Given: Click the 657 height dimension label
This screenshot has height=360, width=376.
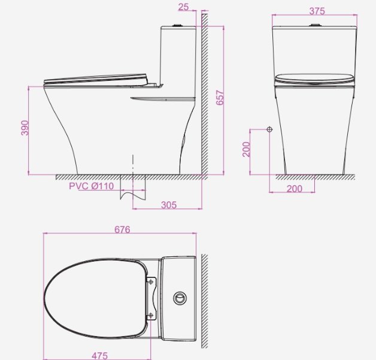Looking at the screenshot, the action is pos(220,98).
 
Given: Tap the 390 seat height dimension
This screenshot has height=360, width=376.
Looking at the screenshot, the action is pos(25,128).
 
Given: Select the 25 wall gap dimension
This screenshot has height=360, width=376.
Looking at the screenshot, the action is pos(183,7).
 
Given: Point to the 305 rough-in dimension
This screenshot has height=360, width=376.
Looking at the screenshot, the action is pos(169,205).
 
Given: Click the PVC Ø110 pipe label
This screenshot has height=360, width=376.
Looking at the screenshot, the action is pos(92,186).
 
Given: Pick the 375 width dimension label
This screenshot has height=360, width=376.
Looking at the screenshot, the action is pos(317,11).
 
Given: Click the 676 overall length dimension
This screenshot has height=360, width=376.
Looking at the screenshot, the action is pos(122,229).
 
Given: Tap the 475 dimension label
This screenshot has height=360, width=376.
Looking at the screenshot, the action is pos(100,356).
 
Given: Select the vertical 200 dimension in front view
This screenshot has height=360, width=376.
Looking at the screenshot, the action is pos(246,149).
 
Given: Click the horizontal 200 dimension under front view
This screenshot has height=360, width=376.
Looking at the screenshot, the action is pos(295,189).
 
